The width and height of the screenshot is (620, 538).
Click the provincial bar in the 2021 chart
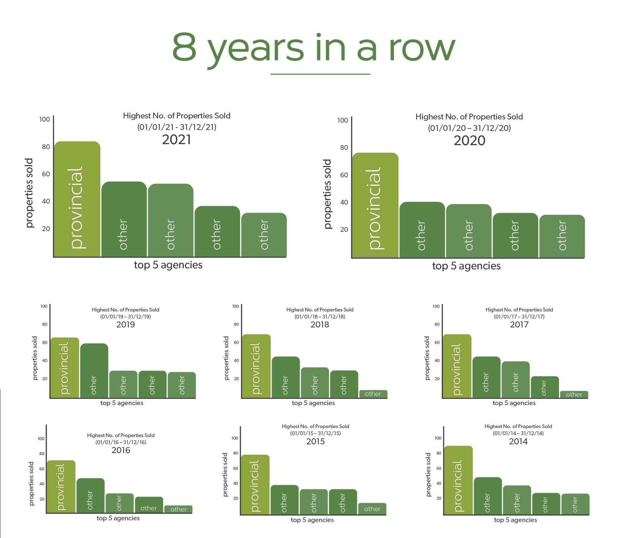point(77,199)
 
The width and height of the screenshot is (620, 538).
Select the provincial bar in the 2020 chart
point(375,205)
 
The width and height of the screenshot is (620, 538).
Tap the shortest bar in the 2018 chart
point(373,394)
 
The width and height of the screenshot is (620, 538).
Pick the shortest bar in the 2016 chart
point(178,509)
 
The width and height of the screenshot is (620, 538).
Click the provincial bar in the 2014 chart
point(459,480)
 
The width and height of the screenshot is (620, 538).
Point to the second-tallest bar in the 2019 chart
point(94,371)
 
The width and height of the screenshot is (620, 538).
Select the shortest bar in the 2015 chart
point(372,509)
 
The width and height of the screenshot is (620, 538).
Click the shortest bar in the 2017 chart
point(574,394)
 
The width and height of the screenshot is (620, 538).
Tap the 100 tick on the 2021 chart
point(45,119)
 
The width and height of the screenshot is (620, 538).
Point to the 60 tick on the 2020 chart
point(344,175)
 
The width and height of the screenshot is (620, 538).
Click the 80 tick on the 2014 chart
point(439,453)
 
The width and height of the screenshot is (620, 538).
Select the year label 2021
point(177,140)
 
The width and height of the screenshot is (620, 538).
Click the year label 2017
point(519,324)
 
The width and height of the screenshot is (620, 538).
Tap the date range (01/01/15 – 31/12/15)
point(315,433)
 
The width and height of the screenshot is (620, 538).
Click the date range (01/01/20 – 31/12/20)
point(470,128)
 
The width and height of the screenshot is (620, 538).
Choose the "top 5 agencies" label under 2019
point(122,403)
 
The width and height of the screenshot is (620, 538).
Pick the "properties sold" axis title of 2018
point(226,358)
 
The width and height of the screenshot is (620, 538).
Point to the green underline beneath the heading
point(320,74)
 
